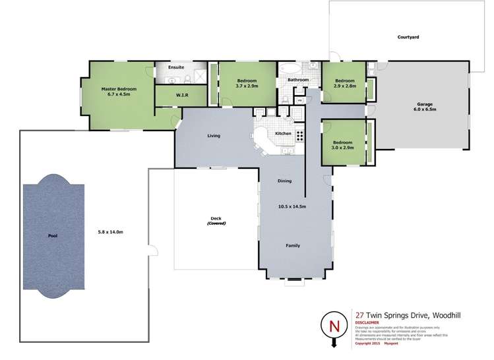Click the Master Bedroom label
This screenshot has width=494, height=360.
[119, 92]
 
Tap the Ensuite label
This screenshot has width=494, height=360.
[176, 67]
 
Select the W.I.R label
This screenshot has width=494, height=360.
[183, 96]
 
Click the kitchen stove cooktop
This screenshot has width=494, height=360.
[299, 136]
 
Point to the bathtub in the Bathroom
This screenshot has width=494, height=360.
[290, 68]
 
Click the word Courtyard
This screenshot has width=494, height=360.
[408, 37]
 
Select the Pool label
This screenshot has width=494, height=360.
[53, 235]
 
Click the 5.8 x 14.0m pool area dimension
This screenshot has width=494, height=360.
[111, 231]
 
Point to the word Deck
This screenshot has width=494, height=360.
[216, 219]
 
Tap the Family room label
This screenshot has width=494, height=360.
[293, 246]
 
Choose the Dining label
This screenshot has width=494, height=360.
[284, 181]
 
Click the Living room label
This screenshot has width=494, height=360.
[213, 136]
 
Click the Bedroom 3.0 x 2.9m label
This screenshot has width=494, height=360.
[343, 145]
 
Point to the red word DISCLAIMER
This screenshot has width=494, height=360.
[368, 322]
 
